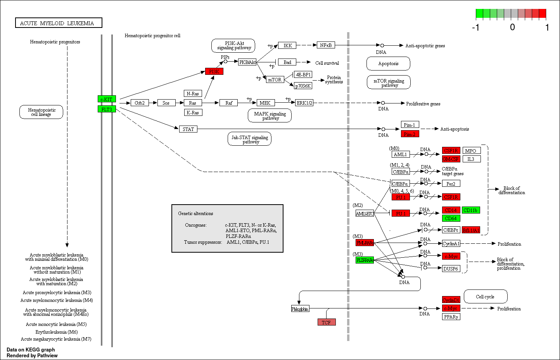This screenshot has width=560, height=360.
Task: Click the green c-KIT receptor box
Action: click(x=107, y=99)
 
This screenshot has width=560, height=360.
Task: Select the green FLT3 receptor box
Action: click(x=107, y=109)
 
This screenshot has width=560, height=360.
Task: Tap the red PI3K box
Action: click(x=214, y=71)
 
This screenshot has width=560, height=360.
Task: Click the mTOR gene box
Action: click(x=275, y=79)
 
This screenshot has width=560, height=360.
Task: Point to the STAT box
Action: click(x=188, y=129)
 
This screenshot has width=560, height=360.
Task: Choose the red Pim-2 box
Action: click(x=410, y=134)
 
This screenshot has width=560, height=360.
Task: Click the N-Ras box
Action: click(x=193, y=93)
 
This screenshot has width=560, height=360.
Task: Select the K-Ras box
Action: click(x=193, y=112)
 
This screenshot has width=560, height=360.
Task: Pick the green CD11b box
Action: click(x=471, y=210)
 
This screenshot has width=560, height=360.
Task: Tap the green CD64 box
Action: click(x=451, y=218)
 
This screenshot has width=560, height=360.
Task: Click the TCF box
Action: click(x=327, y=322)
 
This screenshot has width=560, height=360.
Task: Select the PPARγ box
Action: click(x=451, y=317)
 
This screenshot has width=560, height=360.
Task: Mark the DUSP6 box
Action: click(x=451, y=269)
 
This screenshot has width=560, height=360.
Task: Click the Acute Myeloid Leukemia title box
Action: click(x=59, y=23)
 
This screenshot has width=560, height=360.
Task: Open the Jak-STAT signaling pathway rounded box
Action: click(x=250, y=139)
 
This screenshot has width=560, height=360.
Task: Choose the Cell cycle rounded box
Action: click(x=485, y=296)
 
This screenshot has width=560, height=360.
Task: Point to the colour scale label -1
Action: click(x=475, y=27)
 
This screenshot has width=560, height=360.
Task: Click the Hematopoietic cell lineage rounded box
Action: click(x=41, y=112)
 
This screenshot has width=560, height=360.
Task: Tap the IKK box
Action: click(x=287, y=45)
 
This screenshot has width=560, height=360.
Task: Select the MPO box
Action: click(x=471, y=151)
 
